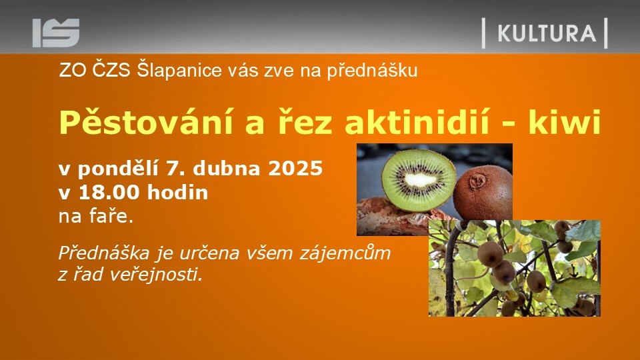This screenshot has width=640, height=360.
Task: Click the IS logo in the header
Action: (56, 33)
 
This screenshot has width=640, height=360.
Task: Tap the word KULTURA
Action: (547, 33)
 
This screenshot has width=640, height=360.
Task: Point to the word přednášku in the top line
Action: (372, 71)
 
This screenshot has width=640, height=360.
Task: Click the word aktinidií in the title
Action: (416, 121)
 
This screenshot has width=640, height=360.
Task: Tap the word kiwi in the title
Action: (565, 121)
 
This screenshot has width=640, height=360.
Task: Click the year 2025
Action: (295, 168)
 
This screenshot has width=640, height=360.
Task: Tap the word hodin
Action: (177, 192)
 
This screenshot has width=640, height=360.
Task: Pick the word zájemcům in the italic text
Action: (345, 254)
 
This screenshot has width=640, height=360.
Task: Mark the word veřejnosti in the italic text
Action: (156, 275)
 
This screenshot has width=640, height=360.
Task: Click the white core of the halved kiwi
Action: (420, 179)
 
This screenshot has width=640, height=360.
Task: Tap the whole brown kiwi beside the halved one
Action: (483, 193)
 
